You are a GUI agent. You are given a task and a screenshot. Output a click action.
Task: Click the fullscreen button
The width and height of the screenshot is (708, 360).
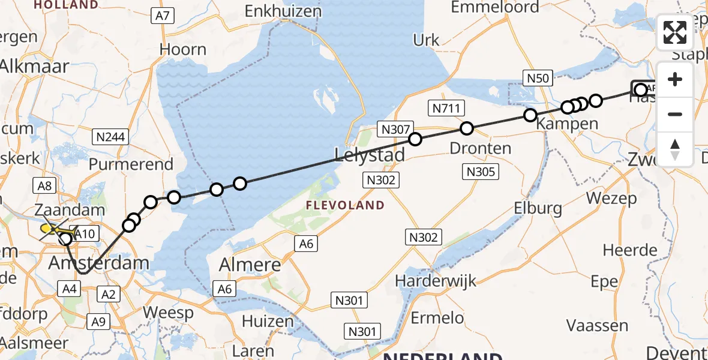(675, 32)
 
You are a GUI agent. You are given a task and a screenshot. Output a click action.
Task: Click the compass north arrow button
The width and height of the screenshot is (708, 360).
(675, 149)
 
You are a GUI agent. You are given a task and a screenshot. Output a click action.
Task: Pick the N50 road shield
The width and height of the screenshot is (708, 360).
(537, 77)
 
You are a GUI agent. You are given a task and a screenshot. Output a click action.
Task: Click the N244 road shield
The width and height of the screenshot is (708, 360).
(111, 137)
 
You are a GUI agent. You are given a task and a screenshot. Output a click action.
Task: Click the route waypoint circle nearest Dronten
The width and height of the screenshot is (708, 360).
(467, 128)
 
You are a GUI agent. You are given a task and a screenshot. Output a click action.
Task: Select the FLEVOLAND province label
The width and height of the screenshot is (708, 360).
(345, 205)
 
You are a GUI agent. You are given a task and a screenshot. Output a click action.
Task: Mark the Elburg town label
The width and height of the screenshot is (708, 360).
(538, 208)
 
